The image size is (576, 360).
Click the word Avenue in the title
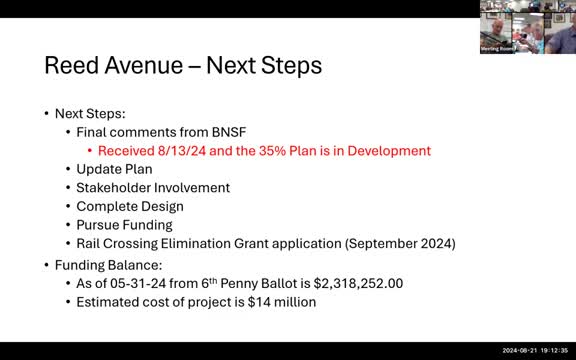(149, 66)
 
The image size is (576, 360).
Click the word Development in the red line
(391, 151)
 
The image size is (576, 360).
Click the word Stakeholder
(115, 187)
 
